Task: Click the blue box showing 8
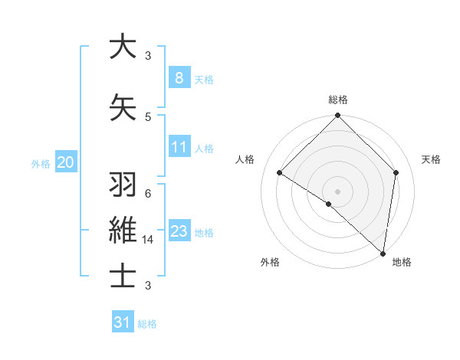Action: coord(179,78)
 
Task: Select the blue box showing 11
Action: coord(179,147)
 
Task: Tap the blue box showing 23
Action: coord(179,231)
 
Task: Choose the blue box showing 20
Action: coord(66,162)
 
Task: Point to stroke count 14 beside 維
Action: coord(149,239)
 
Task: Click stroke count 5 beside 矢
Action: coord(148,116)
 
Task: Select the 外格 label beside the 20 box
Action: coord(40,163)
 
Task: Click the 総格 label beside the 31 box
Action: coord(147,324)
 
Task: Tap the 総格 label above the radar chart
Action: coord(337,100)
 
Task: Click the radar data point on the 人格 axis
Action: coord(280,173)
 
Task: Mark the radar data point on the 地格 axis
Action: coord(383,253)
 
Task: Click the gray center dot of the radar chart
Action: coord(337,191)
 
